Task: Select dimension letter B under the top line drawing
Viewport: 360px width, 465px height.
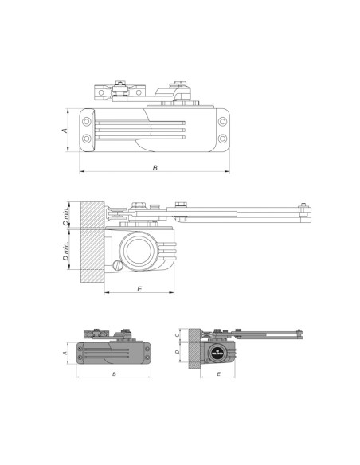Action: pyautogui.click(x=155, y=168)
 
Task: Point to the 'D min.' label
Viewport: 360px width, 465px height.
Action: pyautogui.click(x=67, y=256)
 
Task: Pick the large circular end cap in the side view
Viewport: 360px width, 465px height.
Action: pyautogui.click(x=143, y=248)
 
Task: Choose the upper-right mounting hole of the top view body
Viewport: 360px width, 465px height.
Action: pyautogui.click(x=222, y=121)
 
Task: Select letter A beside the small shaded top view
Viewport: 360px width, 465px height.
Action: pyautogui.click(x=65, y=351)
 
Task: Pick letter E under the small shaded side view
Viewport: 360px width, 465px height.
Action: pyautogui.click(x=217, y=373)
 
